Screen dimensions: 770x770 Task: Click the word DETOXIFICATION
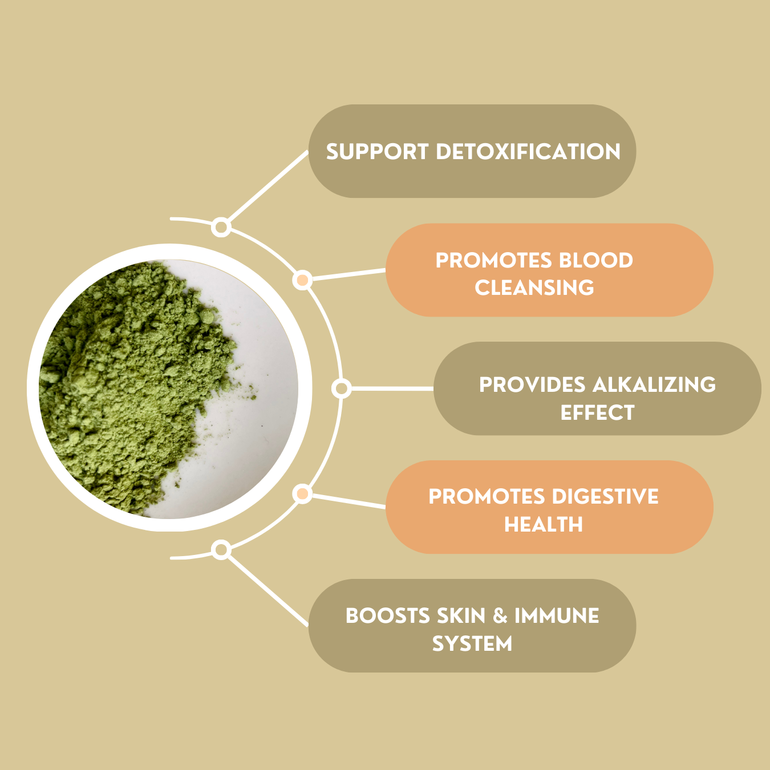[x=528, y=152]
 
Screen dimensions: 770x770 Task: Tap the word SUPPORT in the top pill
[x=377, y=152]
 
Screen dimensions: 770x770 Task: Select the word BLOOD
[x=596, y=260]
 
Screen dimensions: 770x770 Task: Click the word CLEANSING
[x=534, y=287]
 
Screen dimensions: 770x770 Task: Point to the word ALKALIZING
[x=654, y=384]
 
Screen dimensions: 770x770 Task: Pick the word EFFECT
[x=597, y=412]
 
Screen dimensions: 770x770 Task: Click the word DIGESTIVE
[x=605, y=497]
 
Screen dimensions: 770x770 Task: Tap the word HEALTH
[x=544, y=524]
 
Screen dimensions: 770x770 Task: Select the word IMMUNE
[x=557, y=615]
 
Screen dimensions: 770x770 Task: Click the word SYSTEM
[x=472, y=643]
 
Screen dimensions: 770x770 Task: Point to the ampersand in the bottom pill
[x=500, y=615]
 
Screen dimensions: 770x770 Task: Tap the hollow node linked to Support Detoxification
[x=221, y=228]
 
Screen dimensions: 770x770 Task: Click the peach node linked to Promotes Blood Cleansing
[x=302, y=280]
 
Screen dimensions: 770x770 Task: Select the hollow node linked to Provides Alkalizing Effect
[x=342, y=388]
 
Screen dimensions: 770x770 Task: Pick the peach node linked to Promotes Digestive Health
[x=302, y=494]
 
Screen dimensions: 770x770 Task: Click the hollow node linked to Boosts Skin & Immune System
[x=221, y=550]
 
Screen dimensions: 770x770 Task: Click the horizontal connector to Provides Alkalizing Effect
[x=392, y=388]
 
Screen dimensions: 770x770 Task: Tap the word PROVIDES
[x=532, y=384]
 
